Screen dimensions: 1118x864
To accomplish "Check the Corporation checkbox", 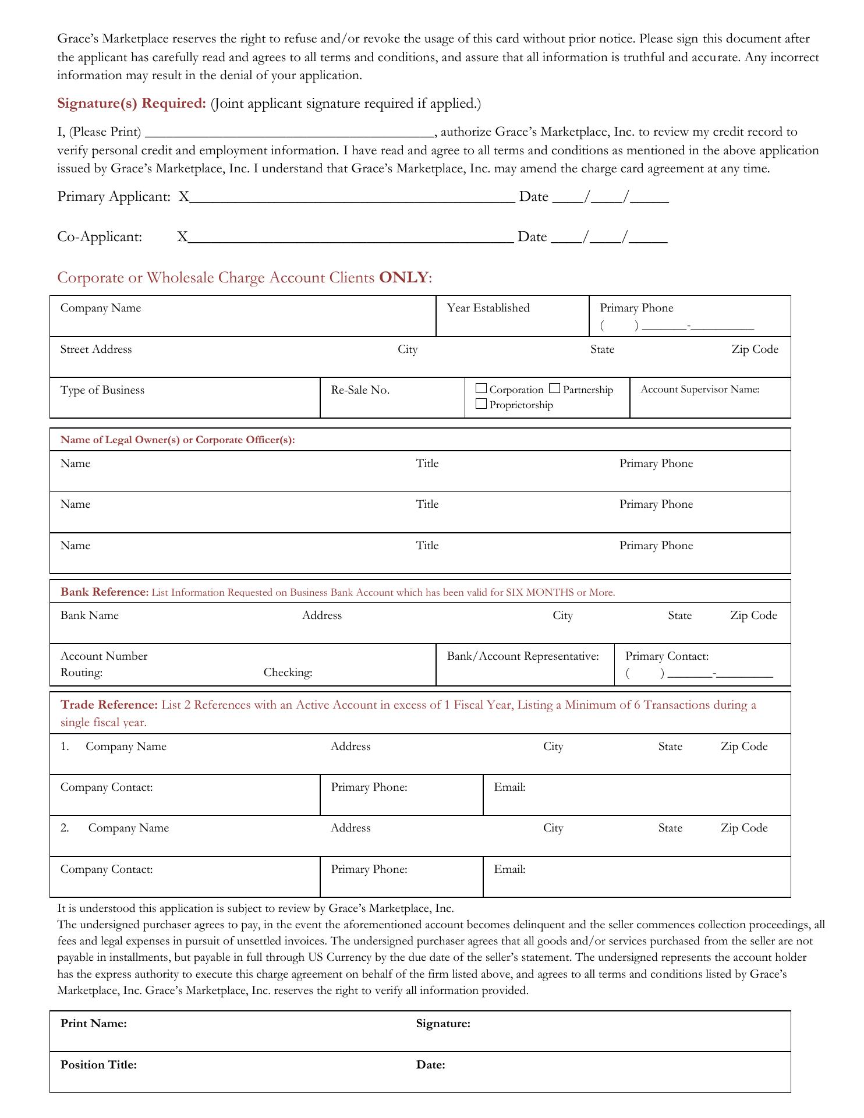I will point(481,388).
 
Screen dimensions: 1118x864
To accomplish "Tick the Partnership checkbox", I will point(555,388).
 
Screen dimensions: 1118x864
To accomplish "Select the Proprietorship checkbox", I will point(481,404).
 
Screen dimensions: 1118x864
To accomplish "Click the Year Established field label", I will point(488,308).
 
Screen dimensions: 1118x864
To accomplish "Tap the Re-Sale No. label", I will point(360,390).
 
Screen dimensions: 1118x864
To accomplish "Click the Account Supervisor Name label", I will point(700,390).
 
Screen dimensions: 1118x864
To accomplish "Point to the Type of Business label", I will point(102,390).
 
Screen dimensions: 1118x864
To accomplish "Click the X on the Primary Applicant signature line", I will point(184,197).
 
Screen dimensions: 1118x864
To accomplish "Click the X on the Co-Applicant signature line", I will point(182,237).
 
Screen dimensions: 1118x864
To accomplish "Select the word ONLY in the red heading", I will point(403,277).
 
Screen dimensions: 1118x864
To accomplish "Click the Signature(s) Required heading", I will point(132,104).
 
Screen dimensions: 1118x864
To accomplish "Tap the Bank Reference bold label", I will point(105,592).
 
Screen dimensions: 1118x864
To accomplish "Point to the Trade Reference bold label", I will point(109,705).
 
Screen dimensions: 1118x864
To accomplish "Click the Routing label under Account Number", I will point(82,673).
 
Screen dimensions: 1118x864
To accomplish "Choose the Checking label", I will point(288,673).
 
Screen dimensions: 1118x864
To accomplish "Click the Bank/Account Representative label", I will point(523,656).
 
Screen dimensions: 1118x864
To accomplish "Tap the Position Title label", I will point(98,1065).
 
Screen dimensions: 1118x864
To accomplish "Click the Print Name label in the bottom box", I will point(94,1024).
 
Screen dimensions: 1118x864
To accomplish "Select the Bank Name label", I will point(90,615).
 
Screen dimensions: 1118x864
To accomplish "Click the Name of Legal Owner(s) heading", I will point(178,440).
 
